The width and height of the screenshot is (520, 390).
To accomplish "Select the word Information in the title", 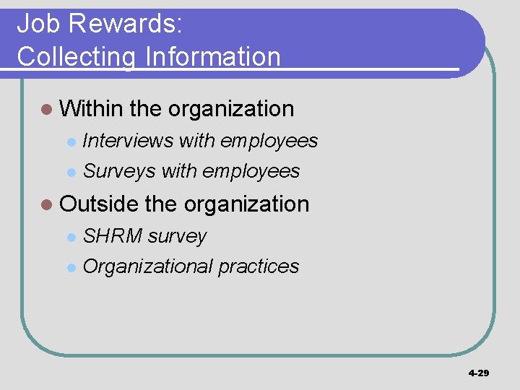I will (213, 56).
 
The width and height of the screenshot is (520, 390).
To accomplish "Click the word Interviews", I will (128, 141).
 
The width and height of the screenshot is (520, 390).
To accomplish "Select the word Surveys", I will (119, 171).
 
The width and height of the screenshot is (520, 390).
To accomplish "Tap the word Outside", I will (99, 204).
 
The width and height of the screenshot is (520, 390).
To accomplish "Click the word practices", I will (259, 266).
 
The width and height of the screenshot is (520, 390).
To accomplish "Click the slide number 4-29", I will (478, 373).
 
